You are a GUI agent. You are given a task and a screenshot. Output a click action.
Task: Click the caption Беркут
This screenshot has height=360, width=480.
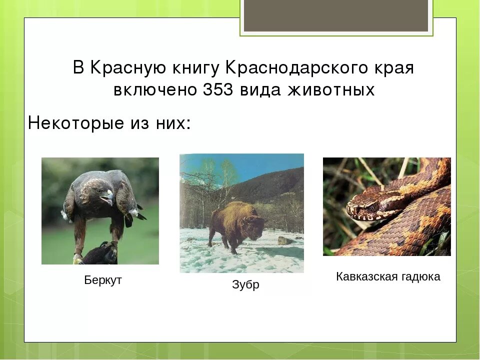tap(103, 280)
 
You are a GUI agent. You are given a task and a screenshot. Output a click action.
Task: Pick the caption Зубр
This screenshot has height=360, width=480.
tap(245, 285)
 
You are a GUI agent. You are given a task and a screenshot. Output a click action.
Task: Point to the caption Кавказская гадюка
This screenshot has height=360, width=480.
tap(388, 276)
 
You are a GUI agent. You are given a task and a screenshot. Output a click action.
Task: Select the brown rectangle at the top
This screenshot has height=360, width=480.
tap(336, 15)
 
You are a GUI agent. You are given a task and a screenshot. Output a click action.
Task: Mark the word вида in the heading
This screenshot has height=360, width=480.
tap(259, 90)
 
